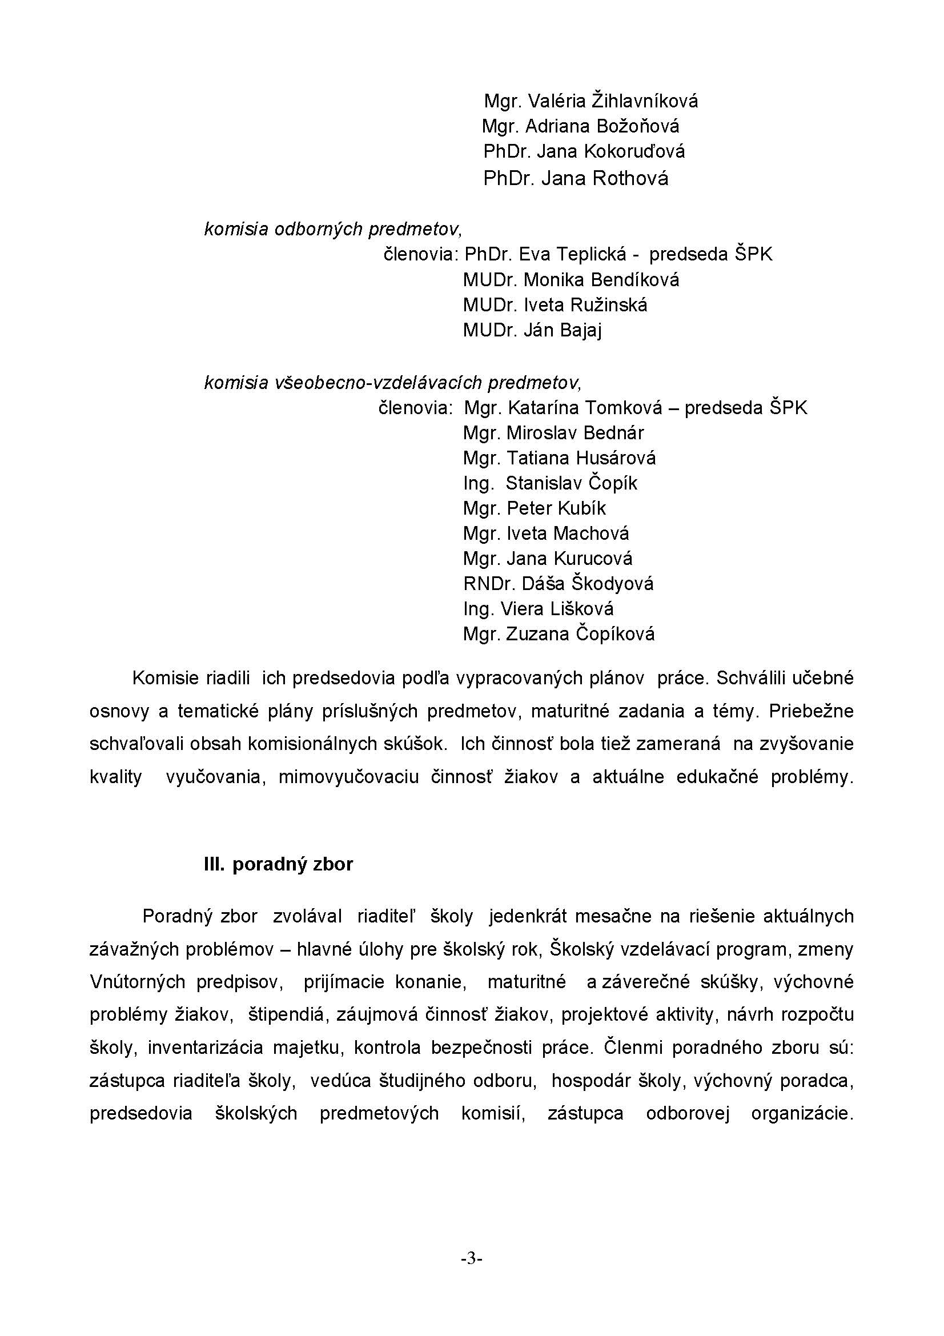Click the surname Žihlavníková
click(x=644, y=102)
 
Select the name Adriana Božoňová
click(x=602, y=127)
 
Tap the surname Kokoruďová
click(x=634, y=152)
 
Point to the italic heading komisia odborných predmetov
click(x=333, y=229)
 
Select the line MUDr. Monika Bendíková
click(x=571, y=280)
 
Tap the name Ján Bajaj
click(x=563, y=331)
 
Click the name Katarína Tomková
click(x=585, y=408)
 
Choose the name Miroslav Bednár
click(x=575, y=433)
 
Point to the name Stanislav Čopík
click(x=571, y=483)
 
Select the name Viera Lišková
click(x=557, y=609)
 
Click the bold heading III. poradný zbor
click(x=278, y=864)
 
